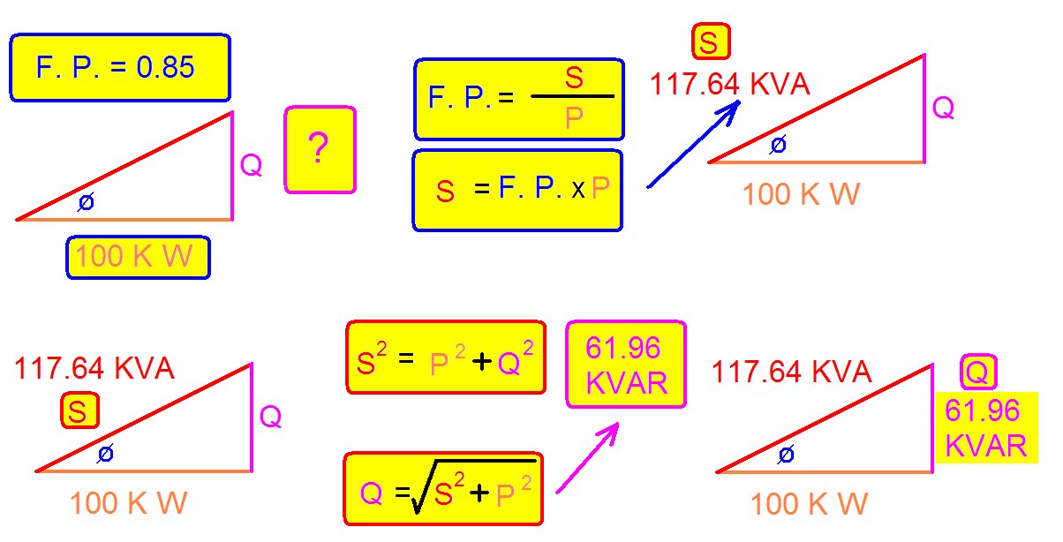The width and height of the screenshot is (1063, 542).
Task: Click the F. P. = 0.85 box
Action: [119, 67]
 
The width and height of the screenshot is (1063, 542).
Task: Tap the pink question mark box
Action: [320, 149]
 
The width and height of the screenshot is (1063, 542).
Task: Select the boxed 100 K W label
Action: [139, 257]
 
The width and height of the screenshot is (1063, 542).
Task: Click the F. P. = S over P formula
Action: [519, 99]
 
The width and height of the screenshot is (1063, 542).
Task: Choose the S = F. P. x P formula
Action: [517, 190]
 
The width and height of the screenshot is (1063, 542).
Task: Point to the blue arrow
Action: [694, 143]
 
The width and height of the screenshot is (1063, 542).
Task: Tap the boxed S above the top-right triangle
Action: [711, 41]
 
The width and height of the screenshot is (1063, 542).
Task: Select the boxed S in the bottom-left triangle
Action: [79, 411]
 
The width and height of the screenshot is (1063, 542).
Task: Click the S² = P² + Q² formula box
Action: [445, 357]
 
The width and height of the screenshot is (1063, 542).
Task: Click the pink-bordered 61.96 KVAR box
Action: [625, 365]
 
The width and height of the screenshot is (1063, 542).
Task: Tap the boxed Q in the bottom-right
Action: [976, 373]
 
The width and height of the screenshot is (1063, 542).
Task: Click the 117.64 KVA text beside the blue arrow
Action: [729, 85]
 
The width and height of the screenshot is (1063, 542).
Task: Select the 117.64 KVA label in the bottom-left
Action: [94, 367]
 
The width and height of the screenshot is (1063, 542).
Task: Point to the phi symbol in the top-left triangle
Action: [86, 202]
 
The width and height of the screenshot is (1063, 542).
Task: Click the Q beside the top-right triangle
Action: [943, 108]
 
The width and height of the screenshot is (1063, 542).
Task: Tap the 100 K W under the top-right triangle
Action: [801, 194]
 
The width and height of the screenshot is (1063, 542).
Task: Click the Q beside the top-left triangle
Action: [251, 165]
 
